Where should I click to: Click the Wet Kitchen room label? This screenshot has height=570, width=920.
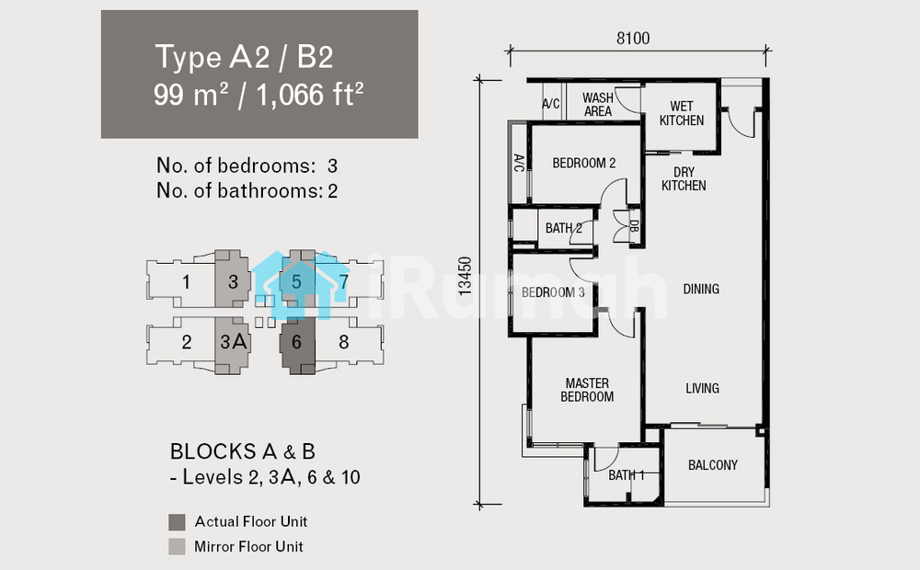click(x=681, y=113)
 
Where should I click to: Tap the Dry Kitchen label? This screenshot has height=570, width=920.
click(x=684, y=179)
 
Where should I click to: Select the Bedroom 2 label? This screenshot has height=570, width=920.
click(x=584, y=163)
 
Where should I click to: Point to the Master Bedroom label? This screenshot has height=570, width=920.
click(x=587, y=390)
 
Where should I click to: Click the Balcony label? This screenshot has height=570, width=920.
click(x=713, y=465)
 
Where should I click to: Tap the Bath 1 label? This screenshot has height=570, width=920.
click(x=626, y=475)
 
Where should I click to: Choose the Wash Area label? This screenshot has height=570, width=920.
click(x=598, y=105)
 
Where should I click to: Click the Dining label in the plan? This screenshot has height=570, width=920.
click(x=701, y=289)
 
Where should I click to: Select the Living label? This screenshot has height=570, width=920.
click(x=702, y=388)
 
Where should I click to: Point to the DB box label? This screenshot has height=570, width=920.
click(x=634, y=226)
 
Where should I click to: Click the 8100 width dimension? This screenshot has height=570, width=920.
click(x=633, y=38)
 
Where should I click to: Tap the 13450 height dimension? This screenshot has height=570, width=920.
click(x=465, y=276)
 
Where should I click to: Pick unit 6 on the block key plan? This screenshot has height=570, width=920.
click(x=296, y=342)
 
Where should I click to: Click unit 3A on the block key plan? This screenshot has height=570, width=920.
click(x=233, y=342)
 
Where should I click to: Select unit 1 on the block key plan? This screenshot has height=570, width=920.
click(x=186, y=282)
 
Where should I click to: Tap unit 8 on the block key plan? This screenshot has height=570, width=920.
click(x=344, y=342)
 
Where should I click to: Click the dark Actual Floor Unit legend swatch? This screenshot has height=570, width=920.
click(x=177, y=522)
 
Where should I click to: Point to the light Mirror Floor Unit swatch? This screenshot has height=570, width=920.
click(x=177, y=546)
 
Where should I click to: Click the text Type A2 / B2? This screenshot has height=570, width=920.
click(x=244, y=58)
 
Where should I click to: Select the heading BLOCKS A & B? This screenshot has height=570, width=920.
click(x=242, y=451)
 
